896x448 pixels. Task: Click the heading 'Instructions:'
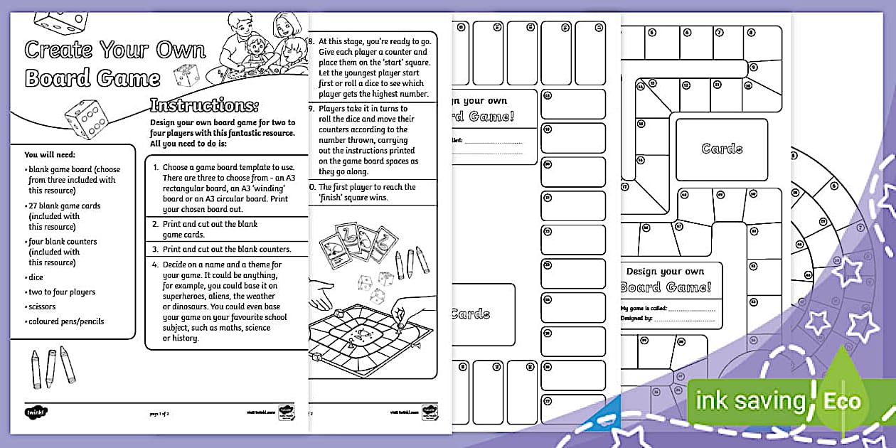pyautogui.click(x=203, y=106)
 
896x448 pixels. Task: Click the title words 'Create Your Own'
pyautogui.click(x=115, y=50)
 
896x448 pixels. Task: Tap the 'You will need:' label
pyautogui.click(x=50, y=154)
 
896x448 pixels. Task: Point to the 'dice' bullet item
pyautogui.click(x=36, y=277)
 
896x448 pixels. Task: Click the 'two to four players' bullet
pyautogui.click(x=61, y=292)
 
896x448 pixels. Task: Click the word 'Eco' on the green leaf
pyautogui.click(x=842, y=401)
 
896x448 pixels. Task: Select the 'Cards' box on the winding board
pyautogui.click(x=722, y=149)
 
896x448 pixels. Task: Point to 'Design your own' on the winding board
pyautogui.click(x=665, y=272)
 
